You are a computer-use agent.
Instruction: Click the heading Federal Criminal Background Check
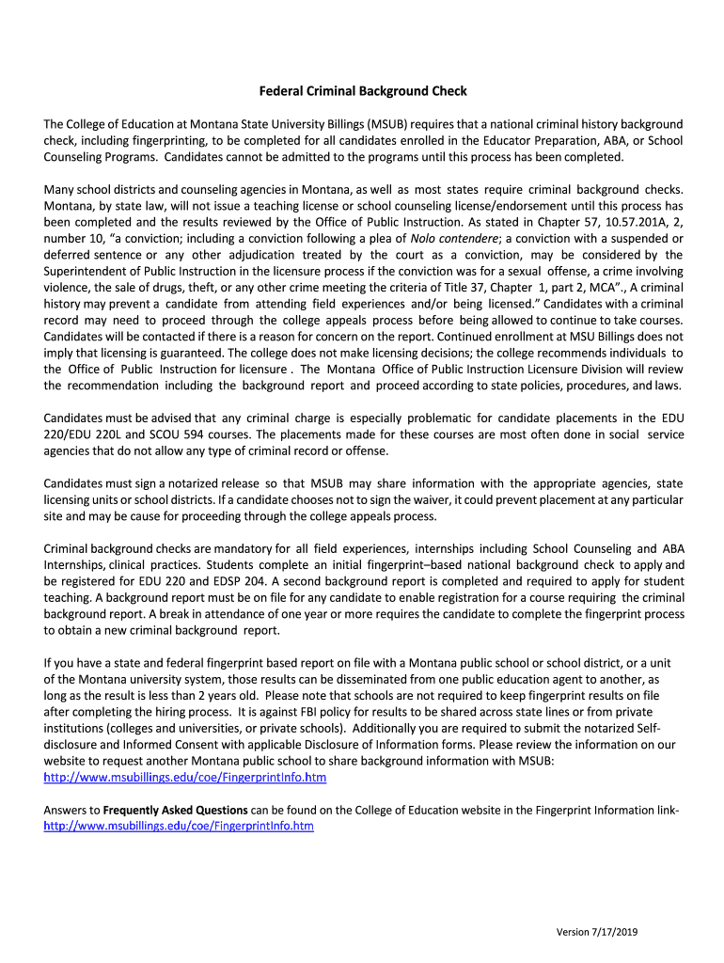click(363, 91)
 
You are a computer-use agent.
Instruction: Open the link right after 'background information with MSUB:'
click(185, 778)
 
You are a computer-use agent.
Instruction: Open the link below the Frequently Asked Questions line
click(179, 826)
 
